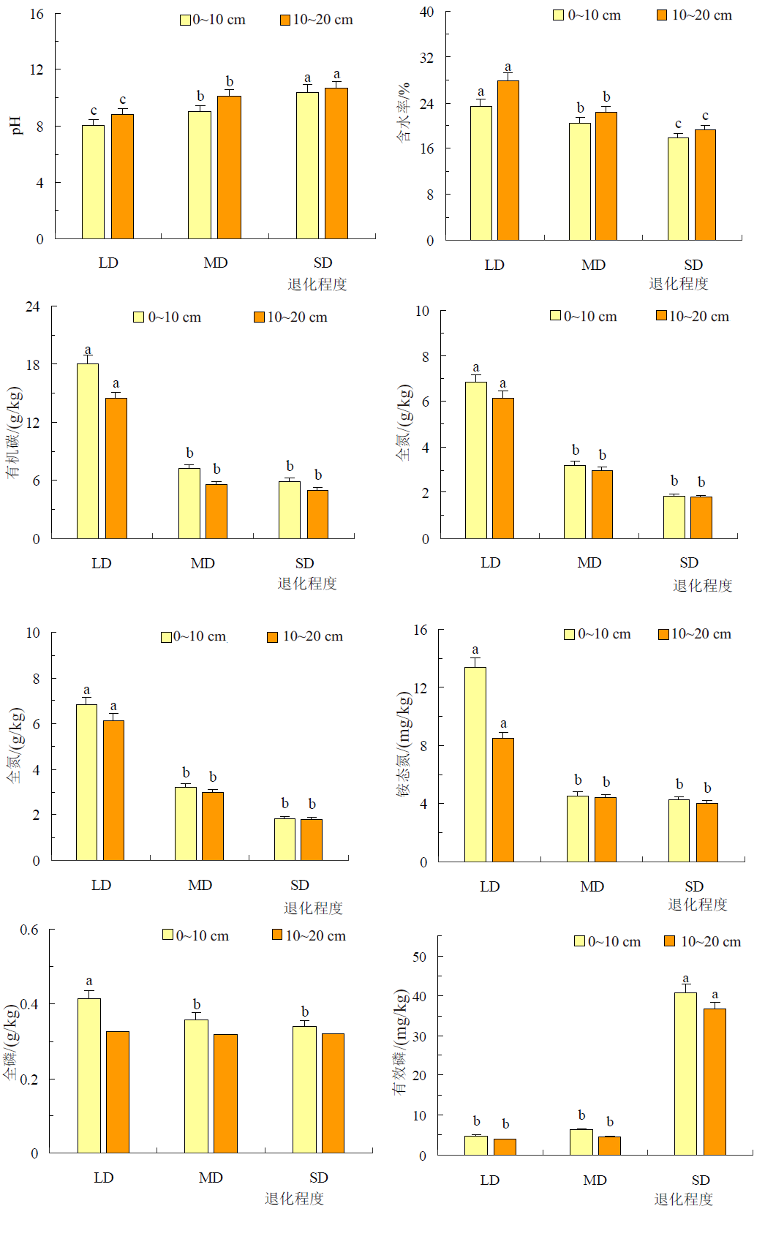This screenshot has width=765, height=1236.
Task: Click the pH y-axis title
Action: pyautogui.click(x=17, y=125)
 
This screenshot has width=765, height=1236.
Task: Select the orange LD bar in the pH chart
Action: pyautogui.click(x=122, y=176)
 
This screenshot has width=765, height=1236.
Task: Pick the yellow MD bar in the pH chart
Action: pyautogui.click(x=199, y=175)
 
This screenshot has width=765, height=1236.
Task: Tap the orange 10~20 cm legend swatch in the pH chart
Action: pyautogui.click(x=285, y=20)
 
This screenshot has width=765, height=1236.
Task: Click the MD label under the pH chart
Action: pyautogui.click(x=216, y=263)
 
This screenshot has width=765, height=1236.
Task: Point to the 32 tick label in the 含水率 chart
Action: pyautogui.click(x=426, y=57)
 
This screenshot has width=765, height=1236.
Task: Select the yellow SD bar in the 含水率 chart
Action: pyautogui.click(x=678, y=189)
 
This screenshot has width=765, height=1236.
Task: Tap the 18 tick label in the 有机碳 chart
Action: pyautogui.click(x=33, y=364)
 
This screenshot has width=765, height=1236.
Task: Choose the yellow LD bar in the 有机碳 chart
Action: pyautogui.click(x=88, y=451)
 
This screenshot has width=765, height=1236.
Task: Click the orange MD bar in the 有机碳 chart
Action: pyautogui.click(x=216, y=511)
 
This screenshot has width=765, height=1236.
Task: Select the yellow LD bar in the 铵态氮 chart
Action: pyautogui.click(x=475, y=764)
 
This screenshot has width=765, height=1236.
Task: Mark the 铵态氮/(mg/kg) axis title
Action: pyautogui.click(x=404, y=743)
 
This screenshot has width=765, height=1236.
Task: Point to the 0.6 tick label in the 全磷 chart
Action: pyautogui.click(x=29, y=930)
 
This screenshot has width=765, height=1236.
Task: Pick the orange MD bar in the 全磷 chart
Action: pyautogui.click(x=225, y=1093)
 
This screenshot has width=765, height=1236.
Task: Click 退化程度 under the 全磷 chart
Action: pyautogui.click(x=294, y=1198)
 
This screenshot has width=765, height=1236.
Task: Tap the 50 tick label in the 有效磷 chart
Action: pyautogui.click(x=419, y=957)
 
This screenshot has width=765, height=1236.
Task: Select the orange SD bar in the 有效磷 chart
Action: pyautogui.click(x=715, y=1082)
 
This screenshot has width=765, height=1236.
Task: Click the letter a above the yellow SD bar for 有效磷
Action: pyautogui.click(x=685, y=979)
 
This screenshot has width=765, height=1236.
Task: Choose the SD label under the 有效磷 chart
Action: pyautogui.click(x=701, y=1180)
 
